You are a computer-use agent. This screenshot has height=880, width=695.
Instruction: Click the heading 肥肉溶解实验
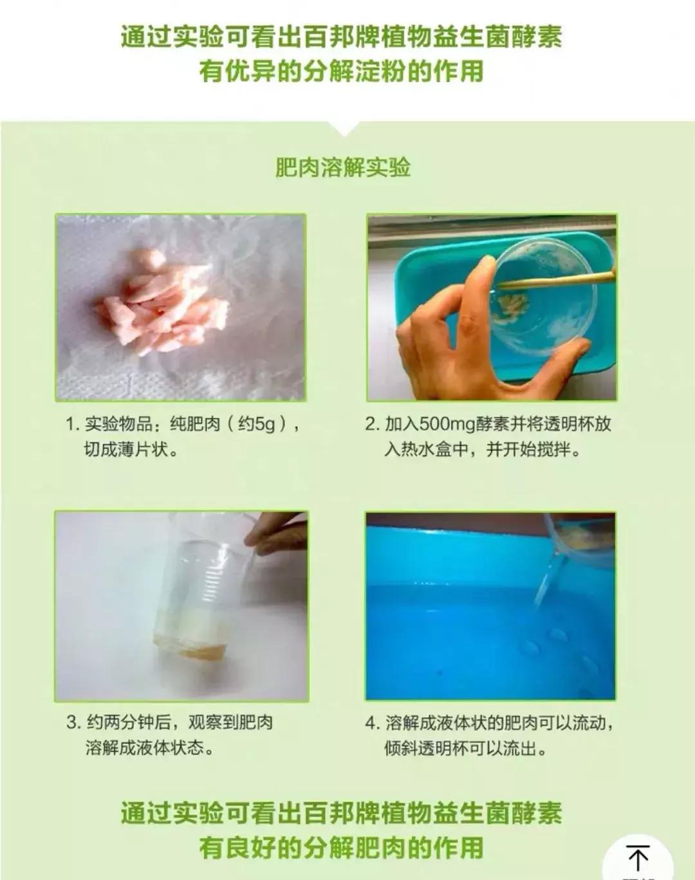343,168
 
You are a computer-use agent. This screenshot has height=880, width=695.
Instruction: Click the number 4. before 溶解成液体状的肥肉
373,723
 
